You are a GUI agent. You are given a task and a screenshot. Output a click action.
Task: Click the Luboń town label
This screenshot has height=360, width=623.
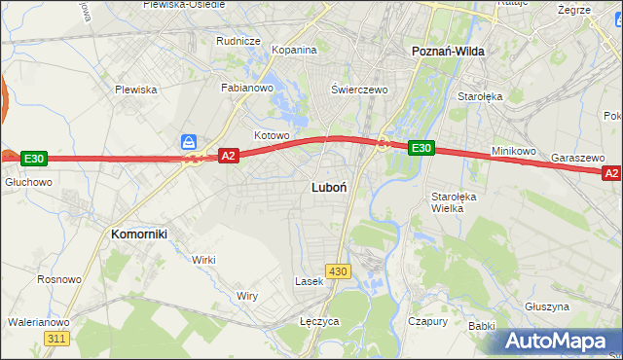click(330, 186)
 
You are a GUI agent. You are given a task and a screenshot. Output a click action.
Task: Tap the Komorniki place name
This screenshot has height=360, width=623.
click(139, 234)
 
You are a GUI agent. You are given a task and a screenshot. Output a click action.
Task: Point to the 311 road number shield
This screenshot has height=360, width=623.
click(56, 338)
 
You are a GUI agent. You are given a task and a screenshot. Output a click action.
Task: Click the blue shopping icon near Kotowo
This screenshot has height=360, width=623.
click(190, 142)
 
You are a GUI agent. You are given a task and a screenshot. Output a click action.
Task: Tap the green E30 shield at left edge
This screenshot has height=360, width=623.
click(33, 158)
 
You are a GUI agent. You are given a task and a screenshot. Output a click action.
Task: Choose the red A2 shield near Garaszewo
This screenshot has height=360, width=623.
click(611, 173)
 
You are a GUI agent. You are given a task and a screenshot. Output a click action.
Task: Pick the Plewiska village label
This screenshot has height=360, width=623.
click(135, 90)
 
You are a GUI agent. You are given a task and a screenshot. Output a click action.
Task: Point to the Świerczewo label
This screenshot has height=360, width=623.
click(359, 90)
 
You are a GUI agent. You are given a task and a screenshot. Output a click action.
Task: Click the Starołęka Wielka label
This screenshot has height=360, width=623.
click(453, 201)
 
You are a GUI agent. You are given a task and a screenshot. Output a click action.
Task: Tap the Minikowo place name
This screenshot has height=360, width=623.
click(514, 152)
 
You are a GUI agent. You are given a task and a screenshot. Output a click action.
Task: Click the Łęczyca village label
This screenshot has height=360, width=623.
click(318, 321)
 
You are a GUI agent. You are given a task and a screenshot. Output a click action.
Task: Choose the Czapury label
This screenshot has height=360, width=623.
click(427, 321)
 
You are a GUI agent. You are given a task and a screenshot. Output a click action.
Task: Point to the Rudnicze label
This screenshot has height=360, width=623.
click(238, 41)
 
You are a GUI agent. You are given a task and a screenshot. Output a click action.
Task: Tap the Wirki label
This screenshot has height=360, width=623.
click(203, 260)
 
